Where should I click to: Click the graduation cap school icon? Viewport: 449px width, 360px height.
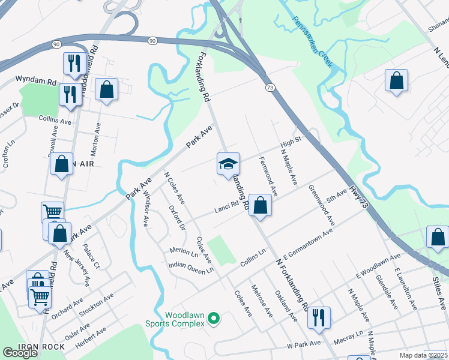tap(228, 164)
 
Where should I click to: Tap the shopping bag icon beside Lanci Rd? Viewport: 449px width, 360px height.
tap(260, 205)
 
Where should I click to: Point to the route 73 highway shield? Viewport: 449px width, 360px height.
tap(271, 88)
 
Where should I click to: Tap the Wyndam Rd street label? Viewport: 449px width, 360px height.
tap(36, 79)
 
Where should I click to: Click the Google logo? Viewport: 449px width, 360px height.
tap(20, 352)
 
